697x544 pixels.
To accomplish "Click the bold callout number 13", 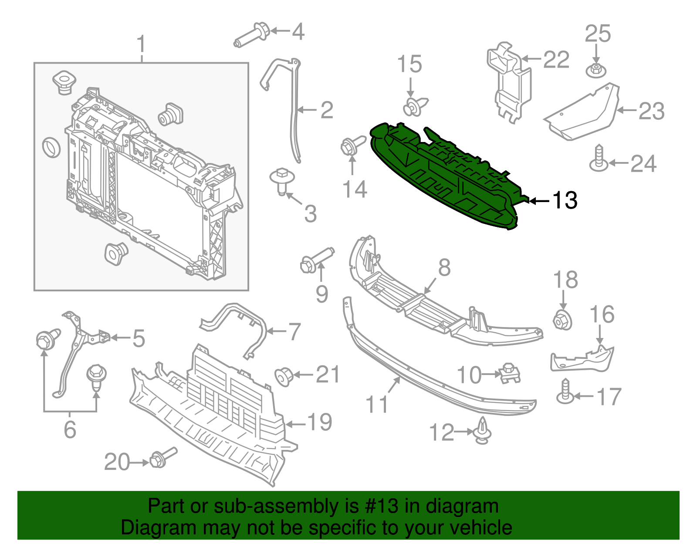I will (565, 200).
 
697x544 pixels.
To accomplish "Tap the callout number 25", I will (598, 34).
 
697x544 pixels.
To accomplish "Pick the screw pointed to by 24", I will (599, 159).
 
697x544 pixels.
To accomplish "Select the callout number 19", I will (320, 422).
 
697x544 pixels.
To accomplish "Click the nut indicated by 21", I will (283, 376).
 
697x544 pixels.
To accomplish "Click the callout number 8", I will (444, 267).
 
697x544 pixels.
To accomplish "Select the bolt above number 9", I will (315, 260).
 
